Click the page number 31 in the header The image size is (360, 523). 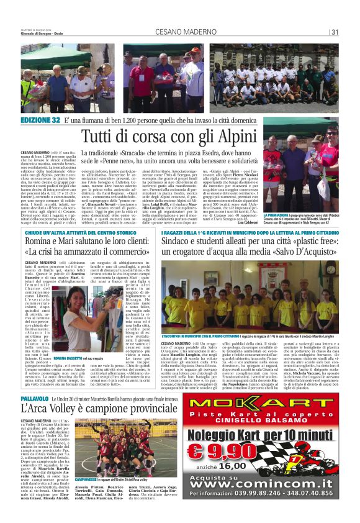(335, 32)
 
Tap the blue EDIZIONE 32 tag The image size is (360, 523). (41, 119)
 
